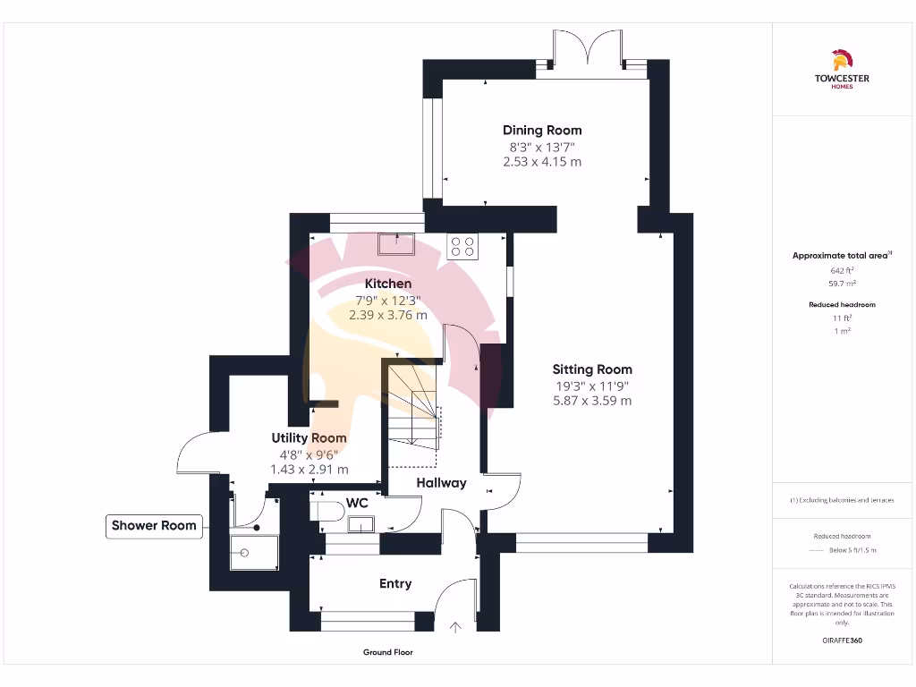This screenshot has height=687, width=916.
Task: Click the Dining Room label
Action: (542, 131)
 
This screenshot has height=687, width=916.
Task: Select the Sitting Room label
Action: (592, 369)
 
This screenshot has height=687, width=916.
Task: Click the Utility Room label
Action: (309, 438)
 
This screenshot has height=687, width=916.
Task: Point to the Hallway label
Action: (441, 483)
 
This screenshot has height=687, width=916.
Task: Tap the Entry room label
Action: (395, 583)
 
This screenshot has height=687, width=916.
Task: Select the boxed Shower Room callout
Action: (154, 525)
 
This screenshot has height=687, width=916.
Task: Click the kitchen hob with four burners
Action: (463, 245)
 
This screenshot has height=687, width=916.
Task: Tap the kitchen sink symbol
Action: (394, 242)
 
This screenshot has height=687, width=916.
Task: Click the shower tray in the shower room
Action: (254, 552)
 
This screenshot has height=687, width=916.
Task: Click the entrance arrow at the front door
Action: (455, 627)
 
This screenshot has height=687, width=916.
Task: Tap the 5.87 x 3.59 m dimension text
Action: (592, 401)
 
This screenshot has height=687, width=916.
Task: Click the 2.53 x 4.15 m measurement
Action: (542, 162)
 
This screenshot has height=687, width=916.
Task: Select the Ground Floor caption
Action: (388, 652)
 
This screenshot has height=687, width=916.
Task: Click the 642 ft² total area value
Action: (842, 270)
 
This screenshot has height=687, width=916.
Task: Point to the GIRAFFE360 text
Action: (842, 640)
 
